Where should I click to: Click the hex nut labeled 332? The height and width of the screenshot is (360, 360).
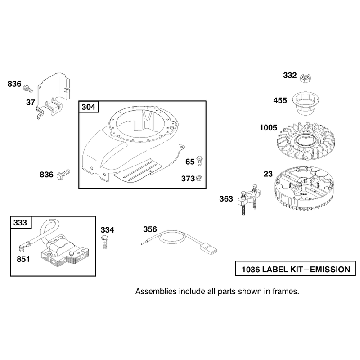coord(306,78)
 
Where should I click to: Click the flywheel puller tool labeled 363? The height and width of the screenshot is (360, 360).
coord(248,198)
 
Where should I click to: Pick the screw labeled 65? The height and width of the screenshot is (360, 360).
coord(199,161)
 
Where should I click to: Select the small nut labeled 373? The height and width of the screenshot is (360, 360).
coord(199,178)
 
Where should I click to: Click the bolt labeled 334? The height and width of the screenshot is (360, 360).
coord(104,242)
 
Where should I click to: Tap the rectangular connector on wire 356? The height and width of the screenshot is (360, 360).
coord(208,250)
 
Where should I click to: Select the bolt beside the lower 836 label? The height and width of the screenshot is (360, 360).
coord(63,174)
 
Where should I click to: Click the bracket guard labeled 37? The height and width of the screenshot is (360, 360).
coord(53,95)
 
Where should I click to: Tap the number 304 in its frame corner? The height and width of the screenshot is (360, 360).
coord(88,107)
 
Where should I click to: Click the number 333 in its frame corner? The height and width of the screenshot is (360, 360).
coord(20,222)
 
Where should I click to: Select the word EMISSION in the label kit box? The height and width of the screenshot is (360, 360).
coord(330,269)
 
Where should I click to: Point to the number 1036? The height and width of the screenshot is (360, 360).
coord(251,269)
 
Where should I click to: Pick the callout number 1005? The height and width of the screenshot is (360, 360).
coord(268,128)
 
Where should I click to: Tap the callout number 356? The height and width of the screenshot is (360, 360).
coord(150,229)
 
